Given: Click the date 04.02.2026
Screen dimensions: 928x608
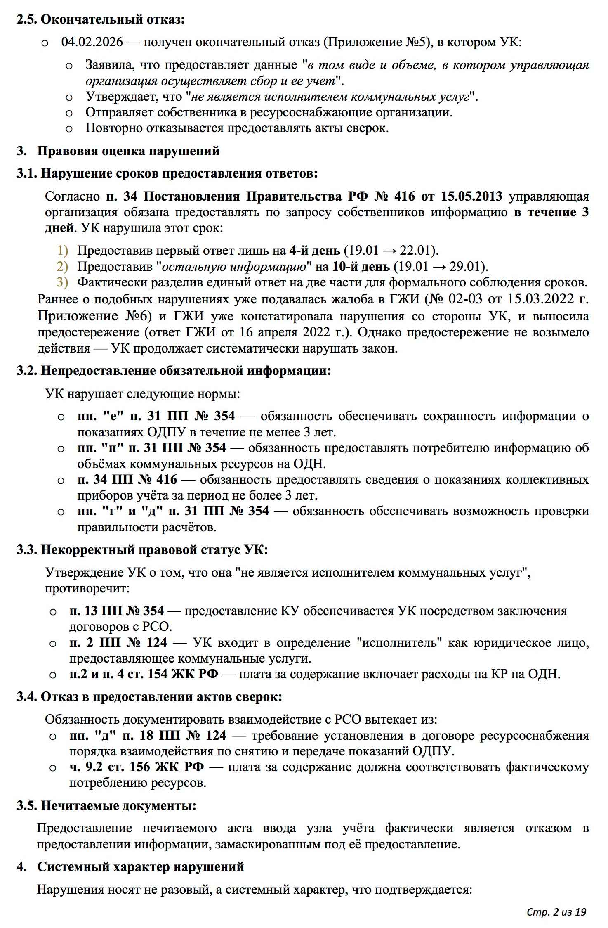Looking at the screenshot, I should click(x=92, y=42).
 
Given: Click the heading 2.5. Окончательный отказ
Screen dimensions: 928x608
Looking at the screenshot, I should click(x=101, y=19).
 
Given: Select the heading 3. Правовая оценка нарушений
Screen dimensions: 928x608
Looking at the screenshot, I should click(x=118, y=151).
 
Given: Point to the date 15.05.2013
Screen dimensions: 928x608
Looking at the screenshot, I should click(x=471, y=196).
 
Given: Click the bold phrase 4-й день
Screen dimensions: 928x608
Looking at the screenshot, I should click(x=315, y=251).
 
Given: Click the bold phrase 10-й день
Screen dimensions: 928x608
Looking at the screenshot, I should click(x=361, y=267).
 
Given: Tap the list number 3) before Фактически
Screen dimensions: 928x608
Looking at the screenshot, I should click(x=62, y=283).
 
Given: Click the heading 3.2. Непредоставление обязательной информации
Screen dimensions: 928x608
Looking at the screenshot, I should click(x=174, y=371).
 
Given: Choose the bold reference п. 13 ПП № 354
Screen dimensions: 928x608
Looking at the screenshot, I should click(x=117, y=611).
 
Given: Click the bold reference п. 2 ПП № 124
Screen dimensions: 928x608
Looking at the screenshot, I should click(x=118, y=643).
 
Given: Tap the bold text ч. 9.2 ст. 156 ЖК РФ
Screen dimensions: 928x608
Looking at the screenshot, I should click(x=137, y=767).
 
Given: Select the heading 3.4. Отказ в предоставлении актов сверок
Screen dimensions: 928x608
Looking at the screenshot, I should click(x=149, y=697).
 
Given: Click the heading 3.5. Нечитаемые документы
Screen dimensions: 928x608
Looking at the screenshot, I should click(x=106, y=805).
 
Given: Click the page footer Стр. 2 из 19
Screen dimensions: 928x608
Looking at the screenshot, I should click(x=556, y=912).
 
